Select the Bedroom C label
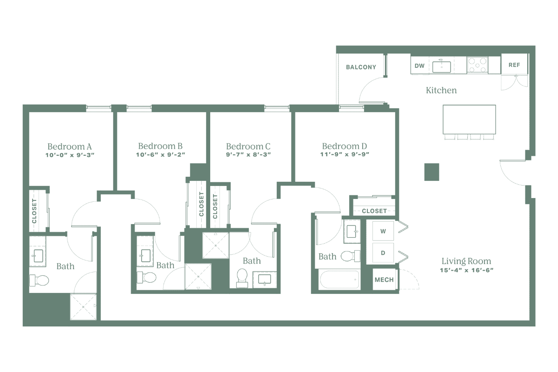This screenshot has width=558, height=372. (248, 146)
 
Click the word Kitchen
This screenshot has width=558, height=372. (441, 90)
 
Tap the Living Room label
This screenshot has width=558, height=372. (466, 261)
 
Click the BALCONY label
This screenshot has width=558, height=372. (361, 67)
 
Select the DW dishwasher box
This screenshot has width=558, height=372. (419, 66)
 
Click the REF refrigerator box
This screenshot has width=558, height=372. (514, 65)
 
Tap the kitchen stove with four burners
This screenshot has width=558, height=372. (478, 65)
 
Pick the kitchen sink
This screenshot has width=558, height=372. (442, 66)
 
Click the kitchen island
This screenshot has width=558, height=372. (469, 119)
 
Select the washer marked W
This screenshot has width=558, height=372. (383, 231)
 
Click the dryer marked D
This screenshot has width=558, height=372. (383, 252)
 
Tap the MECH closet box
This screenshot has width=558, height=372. (384, 280)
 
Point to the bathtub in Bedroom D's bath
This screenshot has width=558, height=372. (339, 280)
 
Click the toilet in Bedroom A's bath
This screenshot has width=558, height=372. (39, 280)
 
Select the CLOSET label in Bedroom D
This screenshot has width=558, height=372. (374, 211)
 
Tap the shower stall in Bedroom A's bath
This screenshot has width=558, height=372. (84, 306)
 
